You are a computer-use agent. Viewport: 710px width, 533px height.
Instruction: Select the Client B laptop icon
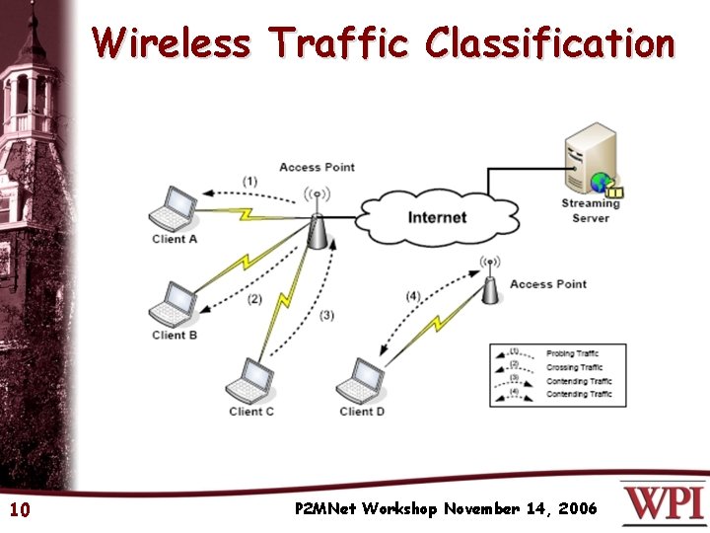178,304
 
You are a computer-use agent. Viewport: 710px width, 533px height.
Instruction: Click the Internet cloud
437,217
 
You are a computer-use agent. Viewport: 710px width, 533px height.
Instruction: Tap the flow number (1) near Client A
250,182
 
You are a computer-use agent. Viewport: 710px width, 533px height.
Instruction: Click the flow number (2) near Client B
255,299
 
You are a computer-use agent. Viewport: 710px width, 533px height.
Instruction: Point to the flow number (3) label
326,315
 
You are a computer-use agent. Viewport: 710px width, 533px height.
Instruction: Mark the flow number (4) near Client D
412,295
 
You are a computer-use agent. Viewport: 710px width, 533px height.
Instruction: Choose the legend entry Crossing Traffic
575,367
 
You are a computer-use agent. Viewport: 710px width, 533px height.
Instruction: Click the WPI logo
663,503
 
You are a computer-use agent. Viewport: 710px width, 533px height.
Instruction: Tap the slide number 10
19,510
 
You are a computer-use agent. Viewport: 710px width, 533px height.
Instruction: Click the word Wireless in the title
174,43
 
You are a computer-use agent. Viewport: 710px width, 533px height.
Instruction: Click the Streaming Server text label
591,210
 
